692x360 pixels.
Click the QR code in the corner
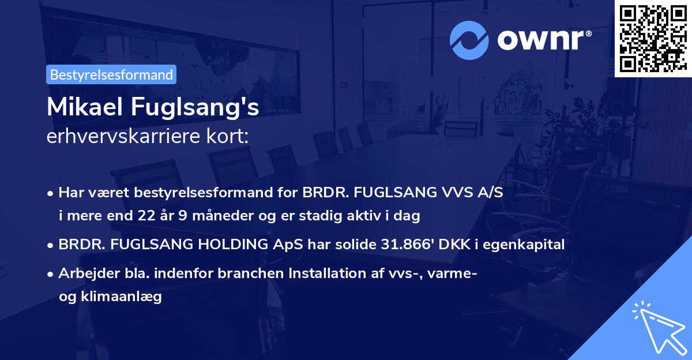[653, 39]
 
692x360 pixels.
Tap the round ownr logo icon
[469, 39]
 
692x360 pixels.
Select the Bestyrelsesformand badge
[111, 74]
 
